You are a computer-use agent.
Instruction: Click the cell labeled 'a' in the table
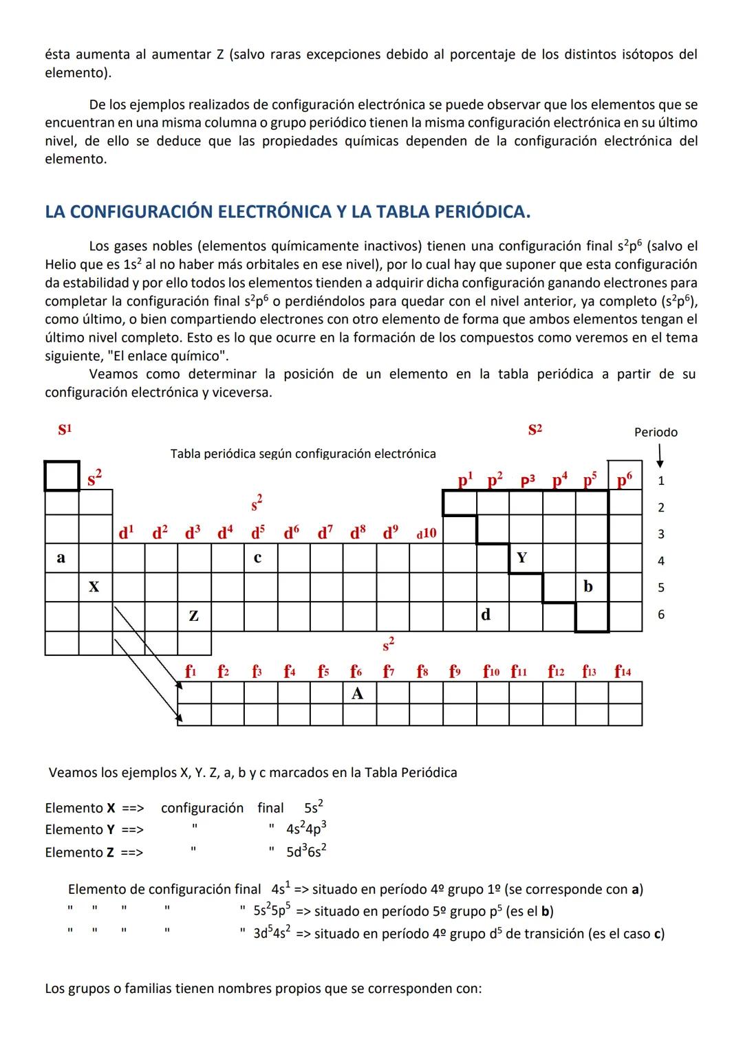[61, 558]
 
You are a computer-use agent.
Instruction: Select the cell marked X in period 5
[94, 587]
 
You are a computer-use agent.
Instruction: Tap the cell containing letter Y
[522, 558]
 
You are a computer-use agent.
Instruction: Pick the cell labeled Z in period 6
[193, 616]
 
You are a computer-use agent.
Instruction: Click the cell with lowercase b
[588, 587]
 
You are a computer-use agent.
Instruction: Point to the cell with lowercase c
[257, 558]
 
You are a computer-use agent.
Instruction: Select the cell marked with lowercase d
[486, 615]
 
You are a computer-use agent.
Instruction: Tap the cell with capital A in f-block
[357, 693]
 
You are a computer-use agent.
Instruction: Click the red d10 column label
[426, 533]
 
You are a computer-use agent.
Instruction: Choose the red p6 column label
[624, 479]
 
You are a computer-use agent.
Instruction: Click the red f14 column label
[623, 670]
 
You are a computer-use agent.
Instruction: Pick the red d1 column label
[127, 532]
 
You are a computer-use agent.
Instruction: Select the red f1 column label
[191, 670]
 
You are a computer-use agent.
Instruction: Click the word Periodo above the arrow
[656, 432]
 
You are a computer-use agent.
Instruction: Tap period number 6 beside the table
[661, 615]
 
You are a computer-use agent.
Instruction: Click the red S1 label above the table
[65, 430]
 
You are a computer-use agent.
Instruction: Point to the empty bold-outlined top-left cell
[62, 476]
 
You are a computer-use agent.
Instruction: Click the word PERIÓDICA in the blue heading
[476, 211]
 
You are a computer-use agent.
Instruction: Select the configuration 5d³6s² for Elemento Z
[306, 852]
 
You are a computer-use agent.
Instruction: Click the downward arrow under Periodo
[660, 455]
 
